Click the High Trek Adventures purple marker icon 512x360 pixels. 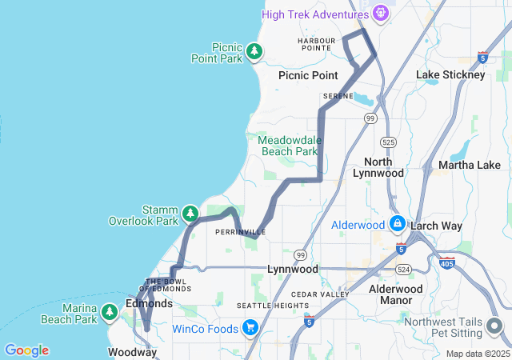(381, 14)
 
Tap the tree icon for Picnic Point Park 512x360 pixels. (254, 52)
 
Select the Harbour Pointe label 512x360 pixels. (314, 44)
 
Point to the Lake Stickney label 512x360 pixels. (450, 74)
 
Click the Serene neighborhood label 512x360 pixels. (338, 96)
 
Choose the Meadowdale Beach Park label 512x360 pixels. (289, 146)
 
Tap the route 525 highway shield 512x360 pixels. (387, 142)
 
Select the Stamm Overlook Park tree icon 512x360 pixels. (190, 214)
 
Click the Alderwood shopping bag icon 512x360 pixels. (397, 224)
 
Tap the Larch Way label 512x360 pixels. (436, 226)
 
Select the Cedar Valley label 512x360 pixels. (320, 294)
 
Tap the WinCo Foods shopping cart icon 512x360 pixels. (250, 328)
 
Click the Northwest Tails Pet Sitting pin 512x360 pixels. (493, 327)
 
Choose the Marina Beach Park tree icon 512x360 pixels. (110, 314)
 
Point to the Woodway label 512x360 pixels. (132, 352)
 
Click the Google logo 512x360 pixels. (26, 350)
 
